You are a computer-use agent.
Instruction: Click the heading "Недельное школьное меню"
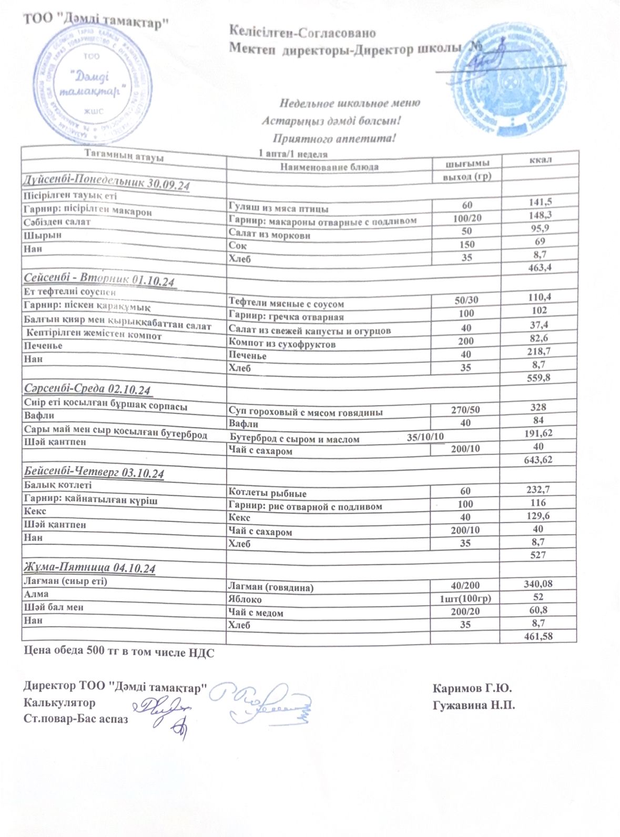[350, 103]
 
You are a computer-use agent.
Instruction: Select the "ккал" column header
[540, 159]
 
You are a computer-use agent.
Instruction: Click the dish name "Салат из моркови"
[269, 234]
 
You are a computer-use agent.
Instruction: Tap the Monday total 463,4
[539, 268]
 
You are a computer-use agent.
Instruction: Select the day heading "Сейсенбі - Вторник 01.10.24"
[99, 280]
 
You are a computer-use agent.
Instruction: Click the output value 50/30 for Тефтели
[466, 300]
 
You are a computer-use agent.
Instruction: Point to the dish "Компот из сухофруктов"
[282, 344]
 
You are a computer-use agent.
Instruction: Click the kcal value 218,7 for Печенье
[539, 351]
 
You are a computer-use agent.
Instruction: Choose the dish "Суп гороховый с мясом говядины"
[306, 412]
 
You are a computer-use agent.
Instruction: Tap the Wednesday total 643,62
[538, 460]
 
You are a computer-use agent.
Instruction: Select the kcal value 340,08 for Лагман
[538, 584]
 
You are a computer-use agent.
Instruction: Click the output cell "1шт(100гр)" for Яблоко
[465, 599]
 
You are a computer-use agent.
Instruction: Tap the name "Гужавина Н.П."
[474, 705]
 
